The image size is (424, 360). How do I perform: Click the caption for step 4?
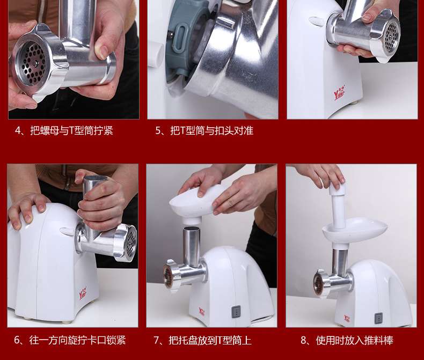pos(64,130)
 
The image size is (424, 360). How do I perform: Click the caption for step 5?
pos(204,130)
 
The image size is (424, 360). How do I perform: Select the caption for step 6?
pos(70,340)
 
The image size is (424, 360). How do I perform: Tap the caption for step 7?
pos(202,340)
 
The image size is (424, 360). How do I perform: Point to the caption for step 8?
pos(347,340)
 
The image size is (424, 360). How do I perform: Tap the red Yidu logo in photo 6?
pos(83,293)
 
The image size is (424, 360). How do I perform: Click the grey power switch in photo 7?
pos(236,312)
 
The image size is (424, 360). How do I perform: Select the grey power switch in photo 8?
pos(378,319)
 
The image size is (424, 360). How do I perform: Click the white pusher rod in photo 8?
pos(338,205)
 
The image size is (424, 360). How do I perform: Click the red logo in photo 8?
pos(347,318)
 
